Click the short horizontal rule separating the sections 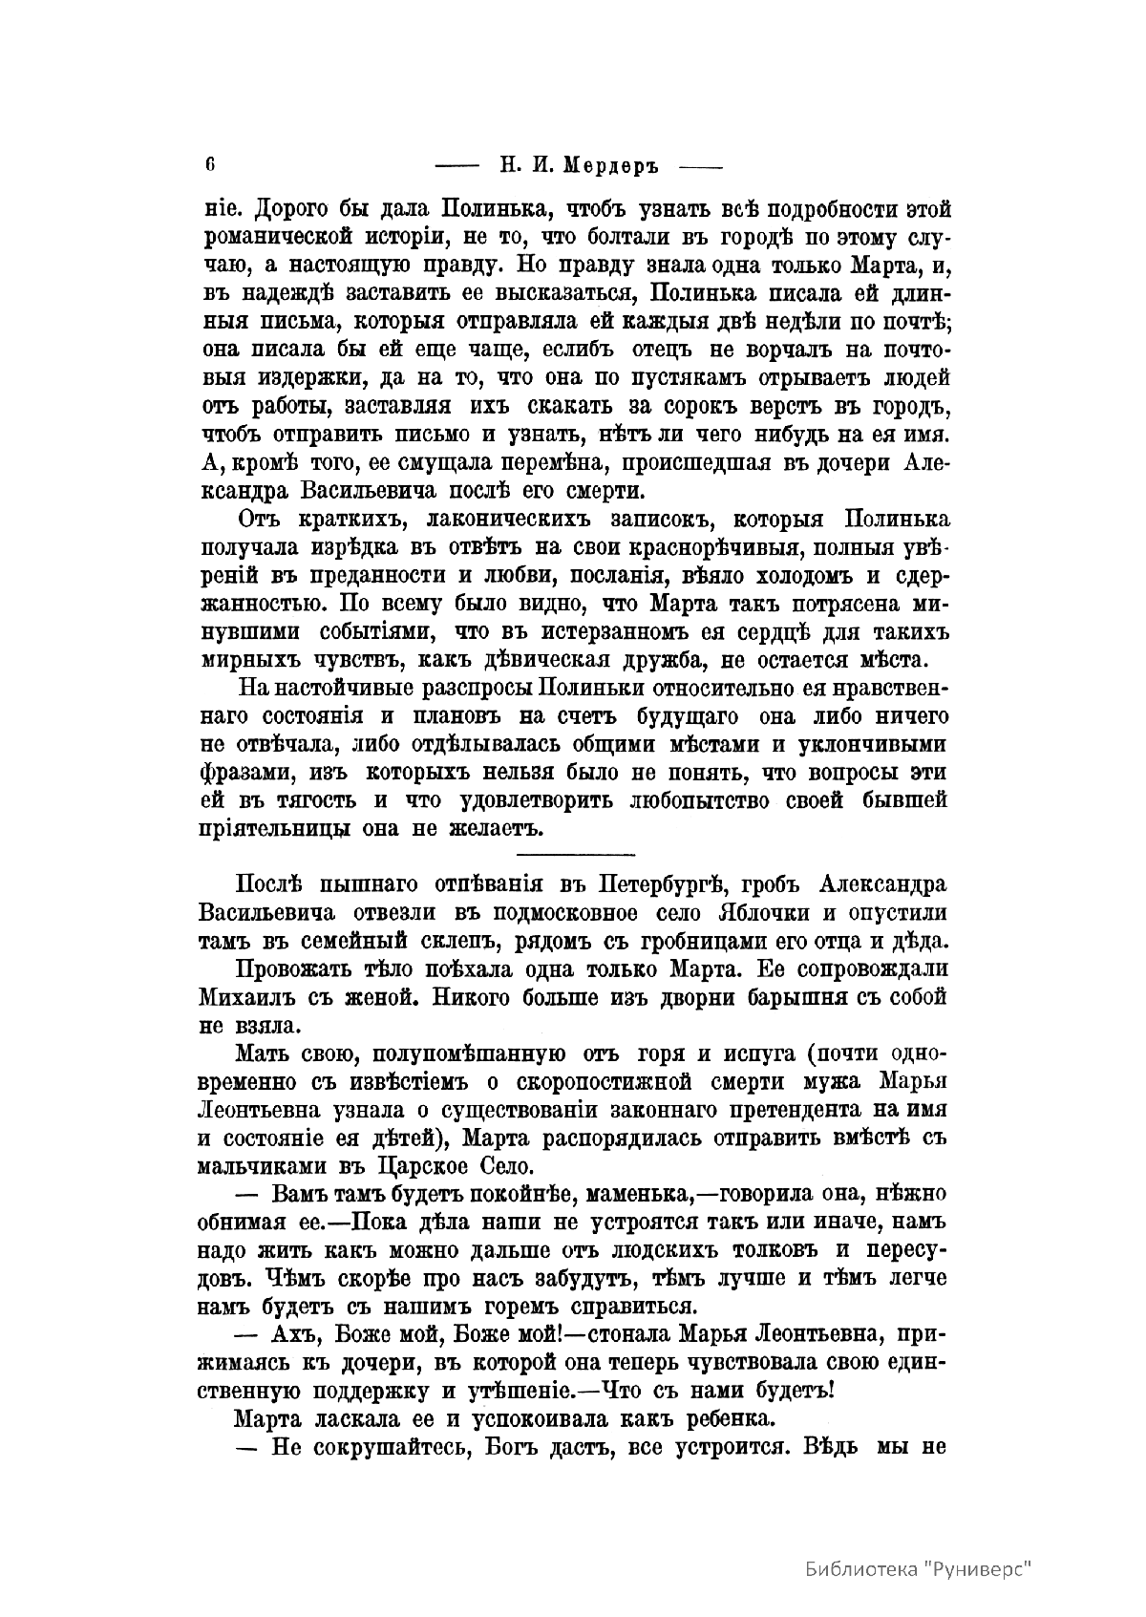point(575,852)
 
